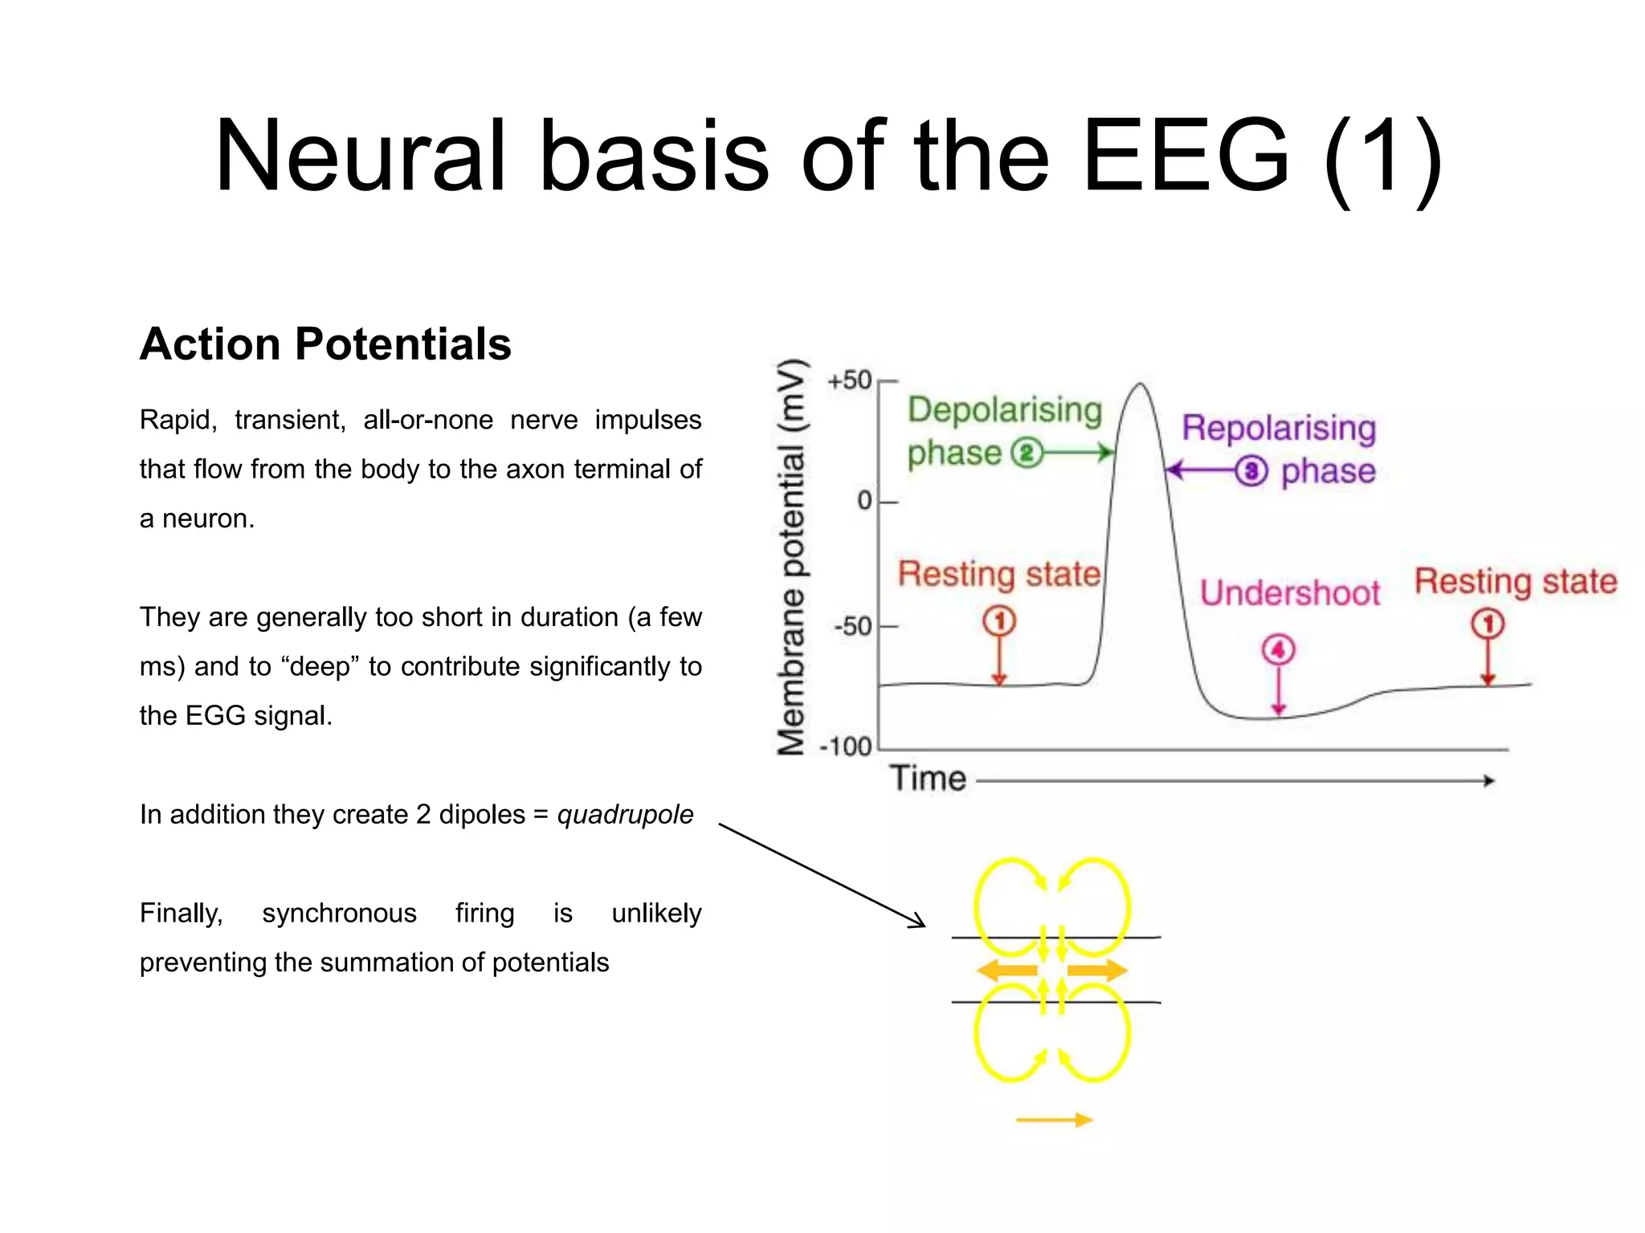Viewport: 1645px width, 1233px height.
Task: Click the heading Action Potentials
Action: pyautogui.click(x=325, y=344)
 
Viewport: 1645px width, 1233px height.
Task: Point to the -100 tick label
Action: pyautogui.click(x=845, y=747)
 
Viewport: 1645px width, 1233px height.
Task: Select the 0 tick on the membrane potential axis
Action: pyautogui.click(x=864, y=501)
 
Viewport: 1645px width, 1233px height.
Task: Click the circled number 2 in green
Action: pyautogui.click(x=1026, y=454)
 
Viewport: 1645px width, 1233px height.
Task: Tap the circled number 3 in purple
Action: pyautogui.click(x=1251, y=471)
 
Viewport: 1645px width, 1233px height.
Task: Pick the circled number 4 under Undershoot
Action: pyautogui.click(x=1278, y=649)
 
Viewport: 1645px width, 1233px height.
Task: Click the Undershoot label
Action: pyautogui.click(x=1289, y=593)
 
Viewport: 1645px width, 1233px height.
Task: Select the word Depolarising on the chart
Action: pyautogui.click(x=1004, y=410)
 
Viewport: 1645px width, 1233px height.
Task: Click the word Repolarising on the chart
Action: pyautogui.click(x=1278, y=428)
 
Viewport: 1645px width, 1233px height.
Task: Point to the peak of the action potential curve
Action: pyautogui.click(x=1141, y=385)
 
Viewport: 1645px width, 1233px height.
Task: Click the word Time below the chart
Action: pyautogui.click(x=927, y=779)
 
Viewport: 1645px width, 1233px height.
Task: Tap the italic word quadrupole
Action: pyautogui.click(x=625, y=815)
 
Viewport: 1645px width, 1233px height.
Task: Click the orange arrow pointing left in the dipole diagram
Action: pyautogui.click(x=1006, y=971)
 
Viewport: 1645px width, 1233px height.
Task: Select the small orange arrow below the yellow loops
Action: pyautogui.click(x=1054, y=1120)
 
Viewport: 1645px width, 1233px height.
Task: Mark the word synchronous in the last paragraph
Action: pyautogui.click(x=339, y=914)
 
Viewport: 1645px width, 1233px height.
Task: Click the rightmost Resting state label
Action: pyautogui.click(x=1515, y=581)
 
